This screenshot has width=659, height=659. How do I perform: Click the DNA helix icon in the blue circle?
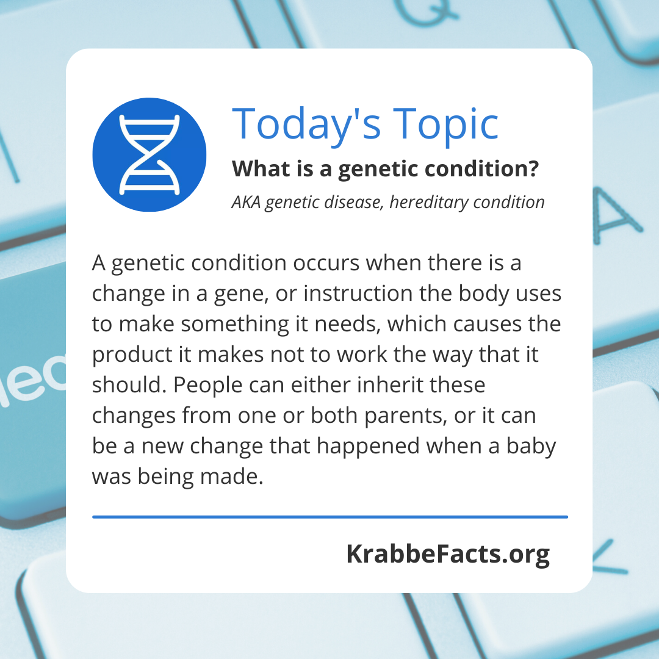(149, 154)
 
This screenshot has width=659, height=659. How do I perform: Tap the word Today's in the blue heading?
(306, 124)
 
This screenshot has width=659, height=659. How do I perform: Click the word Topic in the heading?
(445, 124)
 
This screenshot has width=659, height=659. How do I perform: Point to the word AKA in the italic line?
(246, 202)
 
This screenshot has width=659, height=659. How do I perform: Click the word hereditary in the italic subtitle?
(429, 202)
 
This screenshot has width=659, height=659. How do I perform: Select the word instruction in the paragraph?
(358, 293)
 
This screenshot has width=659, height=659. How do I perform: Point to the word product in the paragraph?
(132, 355)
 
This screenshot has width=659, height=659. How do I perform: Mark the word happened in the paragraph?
(368, 447)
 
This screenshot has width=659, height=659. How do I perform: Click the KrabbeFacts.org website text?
(448, 554)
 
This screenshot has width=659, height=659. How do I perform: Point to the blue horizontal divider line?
(330, 517)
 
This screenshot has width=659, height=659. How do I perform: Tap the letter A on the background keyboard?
(617, 217)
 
